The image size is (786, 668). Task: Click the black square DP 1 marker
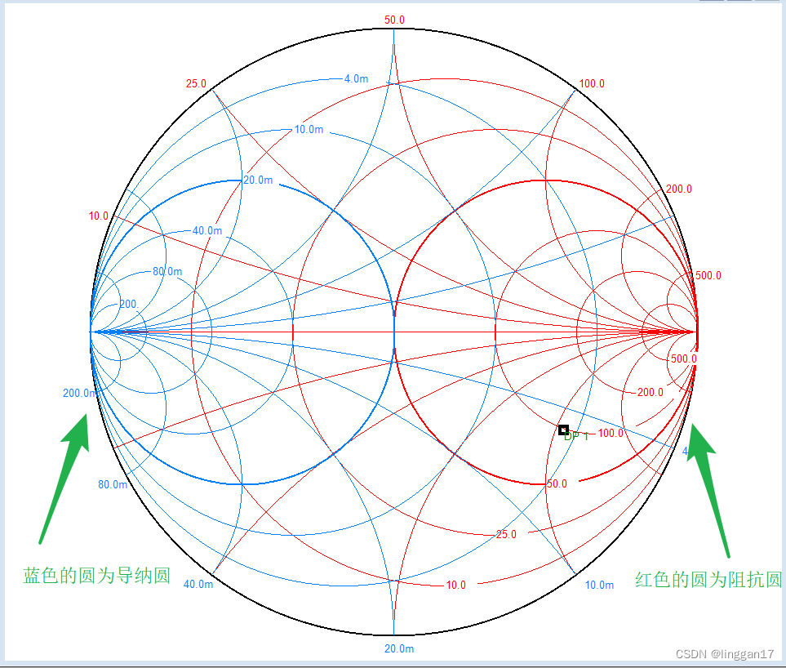point(563,430)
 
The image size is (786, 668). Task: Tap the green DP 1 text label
point(577,437)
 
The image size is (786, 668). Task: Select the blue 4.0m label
point(355,79)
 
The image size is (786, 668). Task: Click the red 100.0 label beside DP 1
point(611,434)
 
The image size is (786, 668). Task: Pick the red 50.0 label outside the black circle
point(394,20)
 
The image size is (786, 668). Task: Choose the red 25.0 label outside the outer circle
point(196,84)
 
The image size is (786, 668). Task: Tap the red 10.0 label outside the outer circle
point(98,216)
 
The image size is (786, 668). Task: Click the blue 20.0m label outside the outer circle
point(398,649)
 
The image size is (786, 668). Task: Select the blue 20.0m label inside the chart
point(258,180)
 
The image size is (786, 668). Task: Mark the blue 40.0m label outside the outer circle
point(199,585)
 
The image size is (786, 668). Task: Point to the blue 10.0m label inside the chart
point(309,130)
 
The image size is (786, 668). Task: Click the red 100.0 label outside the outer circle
point(592,84)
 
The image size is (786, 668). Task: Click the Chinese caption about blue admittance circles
point(97,576)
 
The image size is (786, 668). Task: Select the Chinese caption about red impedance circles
point(708,580)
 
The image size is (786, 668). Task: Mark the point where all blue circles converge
point(91,332)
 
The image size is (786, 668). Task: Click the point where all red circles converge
point(696,332)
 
